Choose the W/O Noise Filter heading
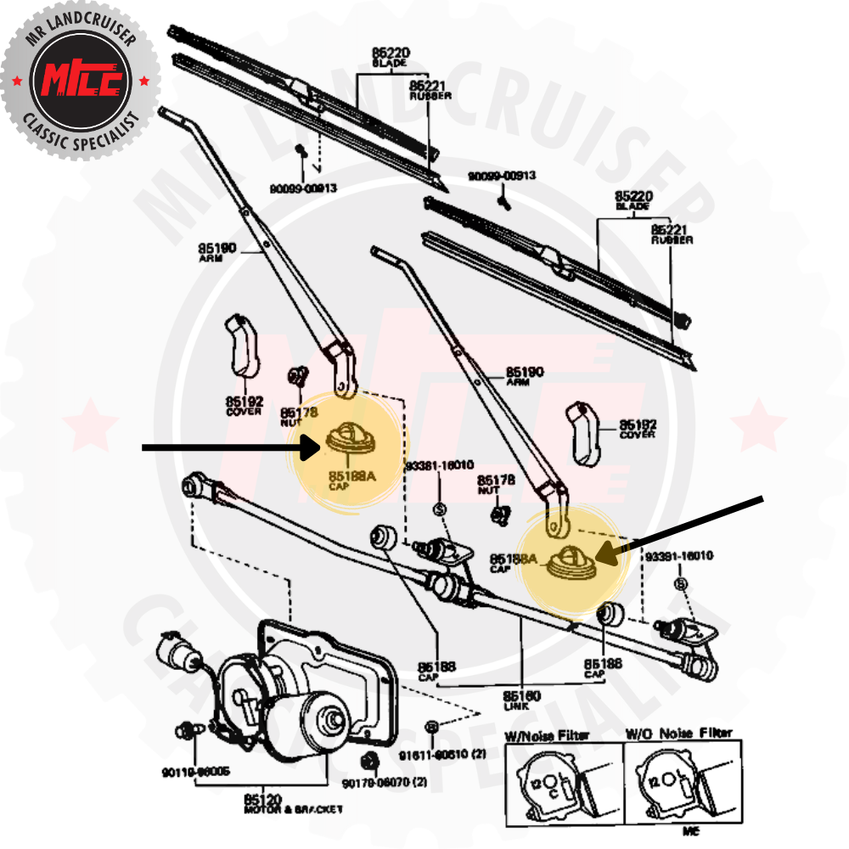pos(678,732)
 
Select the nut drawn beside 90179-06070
pos(368,759)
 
